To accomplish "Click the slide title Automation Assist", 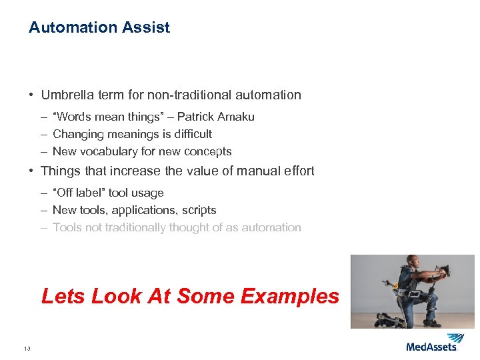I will pyautogui.click(x=99, y=27).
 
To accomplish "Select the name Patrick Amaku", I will pyautogui.click(x=215, y=117).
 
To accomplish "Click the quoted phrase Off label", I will pyautogui.click(x=82, y=193).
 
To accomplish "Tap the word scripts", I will pyautogui.click(x=198, y=211).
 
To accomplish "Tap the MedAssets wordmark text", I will pyautogui.click(x=431, y=347).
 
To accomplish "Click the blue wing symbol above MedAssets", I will pyautogui.click(x=456, y=337).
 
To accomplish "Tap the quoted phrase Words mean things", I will pyautogui.click(x=105, y=117).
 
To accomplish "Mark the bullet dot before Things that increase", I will pyautogui.click(x=31, y=171).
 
